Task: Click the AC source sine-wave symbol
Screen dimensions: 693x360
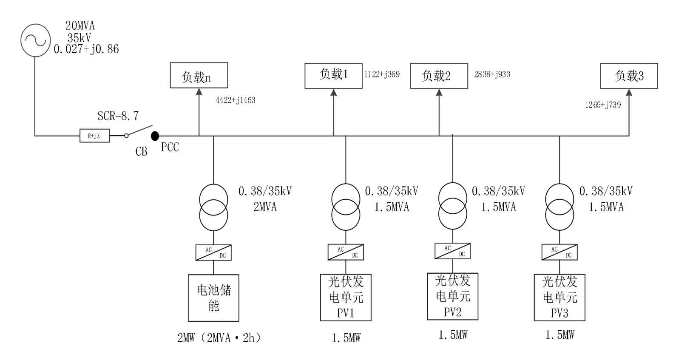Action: click(36, 40)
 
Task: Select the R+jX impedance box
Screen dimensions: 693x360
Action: click(95, 136)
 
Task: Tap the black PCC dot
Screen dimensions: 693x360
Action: click(155, 136)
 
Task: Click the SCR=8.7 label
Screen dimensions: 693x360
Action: click(118, 116)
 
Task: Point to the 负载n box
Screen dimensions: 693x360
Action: click(199, 75)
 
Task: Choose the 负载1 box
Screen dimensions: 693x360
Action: click(333, 76)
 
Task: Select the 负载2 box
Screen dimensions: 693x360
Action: click(439, 76)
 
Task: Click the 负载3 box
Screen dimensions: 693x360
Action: click(629, 76)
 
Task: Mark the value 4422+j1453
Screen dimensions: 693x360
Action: click(236, 100)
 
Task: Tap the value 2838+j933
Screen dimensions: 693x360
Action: click(492, 74)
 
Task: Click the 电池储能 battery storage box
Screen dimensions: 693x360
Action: click(213, 298)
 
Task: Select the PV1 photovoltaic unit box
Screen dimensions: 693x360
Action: click(346, 297)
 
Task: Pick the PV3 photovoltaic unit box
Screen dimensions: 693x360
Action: click(560, 297)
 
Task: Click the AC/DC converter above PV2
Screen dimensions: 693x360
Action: click(453, 251)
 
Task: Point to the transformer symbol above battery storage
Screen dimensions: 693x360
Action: click(213, 207)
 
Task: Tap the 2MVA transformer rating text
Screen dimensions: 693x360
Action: click(265, 207)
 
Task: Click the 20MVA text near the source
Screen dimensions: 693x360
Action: click(80, 26)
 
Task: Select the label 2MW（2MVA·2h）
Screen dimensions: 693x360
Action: click(219, 338)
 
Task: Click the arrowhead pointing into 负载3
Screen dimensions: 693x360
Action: click(629, 93)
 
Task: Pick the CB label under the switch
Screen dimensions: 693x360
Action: click(142, 152)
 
